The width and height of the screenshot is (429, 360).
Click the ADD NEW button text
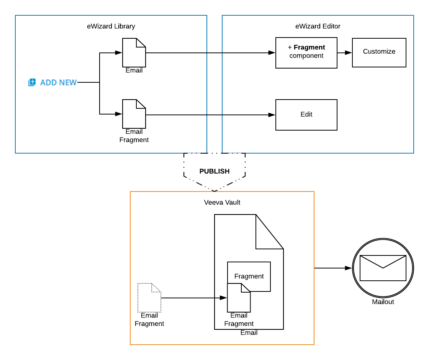click(x=59, y=82)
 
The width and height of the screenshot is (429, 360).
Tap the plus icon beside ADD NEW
click(x=32, y=82)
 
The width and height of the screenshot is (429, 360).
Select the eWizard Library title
click(x=111, y=26)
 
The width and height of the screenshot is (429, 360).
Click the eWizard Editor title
click(x=318, y=26)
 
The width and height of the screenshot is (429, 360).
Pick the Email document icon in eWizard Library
click(x=134, y=53)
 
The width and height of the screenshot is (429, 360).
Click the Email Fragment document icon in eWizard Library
click(x=134, y=114)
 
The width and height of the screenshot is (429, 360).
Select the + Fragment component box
click(x=306, y=53)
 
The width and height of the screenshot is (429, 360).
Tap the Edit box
click(x=306, y=115)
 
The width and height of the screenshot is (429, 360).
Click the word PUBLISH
click(x=215, y=171)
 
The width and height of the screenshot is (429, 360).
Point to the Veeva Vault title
click(x=222, y=202)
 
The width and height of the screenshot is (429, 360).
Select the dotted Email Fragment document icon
click(x=149, y=298)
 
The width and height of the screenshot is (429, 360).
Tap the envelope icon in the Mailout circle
click(x=383, y=268)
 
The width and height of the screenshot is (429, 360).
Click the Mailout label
click(x=383, y=302)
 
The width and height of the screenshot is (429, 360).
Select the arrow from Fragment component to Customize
click(x=345, y=53)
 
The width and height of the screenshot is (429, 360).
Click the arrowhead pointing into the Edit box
click(x=272, y=115)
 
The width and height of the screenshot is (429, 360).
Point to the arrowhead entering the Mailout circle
click(x=349, y=268)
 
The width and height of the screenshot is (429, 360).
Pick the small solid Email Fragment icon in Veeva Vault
click(x=239, y=298)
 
